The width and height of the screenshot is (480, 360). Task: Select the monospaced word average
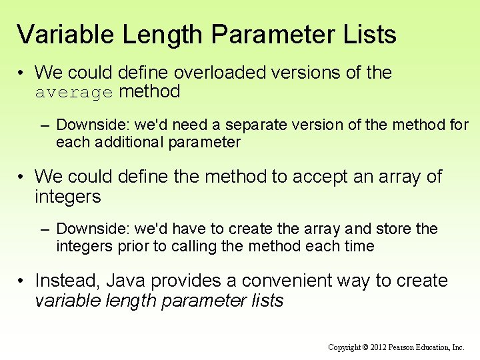[74, 93]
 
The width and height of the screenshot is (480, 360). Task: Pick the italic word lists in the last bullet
[267, 301]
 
